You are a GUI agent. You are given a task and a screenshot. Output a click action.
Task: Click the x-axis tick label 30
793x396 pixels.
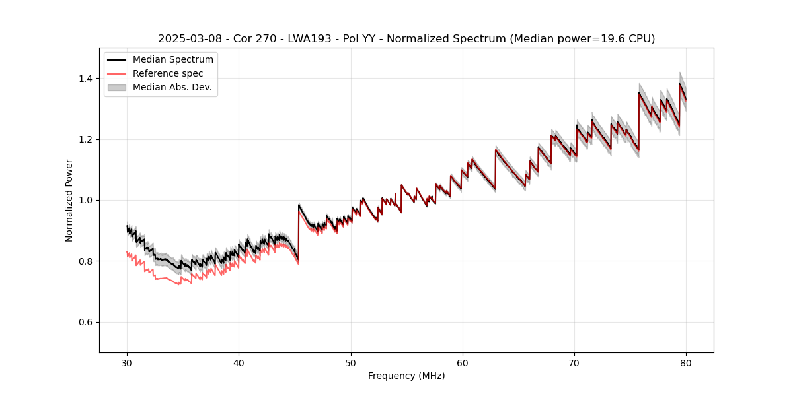[x=128, y=363]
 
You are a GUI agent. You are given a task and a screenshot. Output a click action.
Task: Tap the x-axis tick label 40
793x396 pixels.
[x=239, y=363]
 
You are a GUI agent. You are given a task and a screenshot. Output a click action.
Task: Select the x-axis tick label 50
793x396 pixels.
[x=351, y=363]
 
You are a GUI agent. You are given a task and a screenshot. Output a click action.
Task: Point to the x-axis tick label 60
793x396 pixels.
[x=463, y=363]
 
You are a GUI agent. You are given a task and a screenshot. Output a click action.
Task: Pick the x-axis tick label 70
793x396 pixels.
[x=574, y=363]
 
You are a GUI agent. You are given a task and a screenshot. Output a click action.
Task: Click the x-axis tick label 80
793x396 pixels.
[x=686, y=363]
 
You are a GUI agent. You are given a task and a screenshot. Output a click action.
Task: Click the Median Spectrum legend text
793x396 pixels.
[x=172, y=60]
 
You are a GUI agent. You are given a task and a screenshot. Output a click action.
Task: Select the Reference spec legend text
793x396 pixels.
[x=168, y=73]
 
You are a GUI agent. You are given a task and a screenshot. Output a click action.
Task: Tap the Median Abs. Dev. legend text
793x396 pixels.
[x=172, y=87]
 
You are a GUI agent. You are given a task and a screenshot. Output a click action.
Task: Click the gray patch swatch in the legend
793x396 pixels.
[x=117, y=87]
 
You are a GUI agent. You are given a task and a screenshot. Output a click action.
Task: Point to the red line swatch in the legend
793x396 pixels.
[x=117, y=73]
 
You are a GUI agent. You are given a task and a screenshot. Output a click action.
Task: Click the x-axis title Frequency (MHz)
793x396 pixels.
[x=406, y=376]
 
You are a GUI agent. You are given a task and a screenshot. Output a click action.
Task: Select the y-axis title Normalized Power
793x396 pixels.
[x=69, y=200]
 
